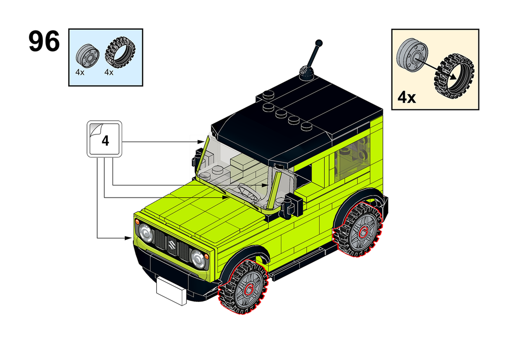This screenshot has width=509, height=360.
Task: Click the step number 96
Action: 44,42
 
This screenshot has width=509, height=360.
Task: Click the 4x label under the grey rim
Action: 80,72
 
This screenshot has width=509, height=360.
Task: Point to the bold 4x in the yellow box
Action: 407,97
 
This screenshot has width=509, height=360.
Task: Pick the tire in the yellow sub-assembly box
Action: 454,77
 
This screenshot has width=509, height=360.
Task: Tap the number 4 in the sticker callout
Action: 105,140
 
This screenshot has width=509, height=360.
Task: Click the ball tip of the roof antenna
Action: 319,43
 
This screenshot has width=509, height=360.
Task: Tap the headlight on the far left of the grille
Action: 146,233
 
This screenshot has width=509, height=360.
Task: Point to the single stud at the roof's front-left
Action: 268,94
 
